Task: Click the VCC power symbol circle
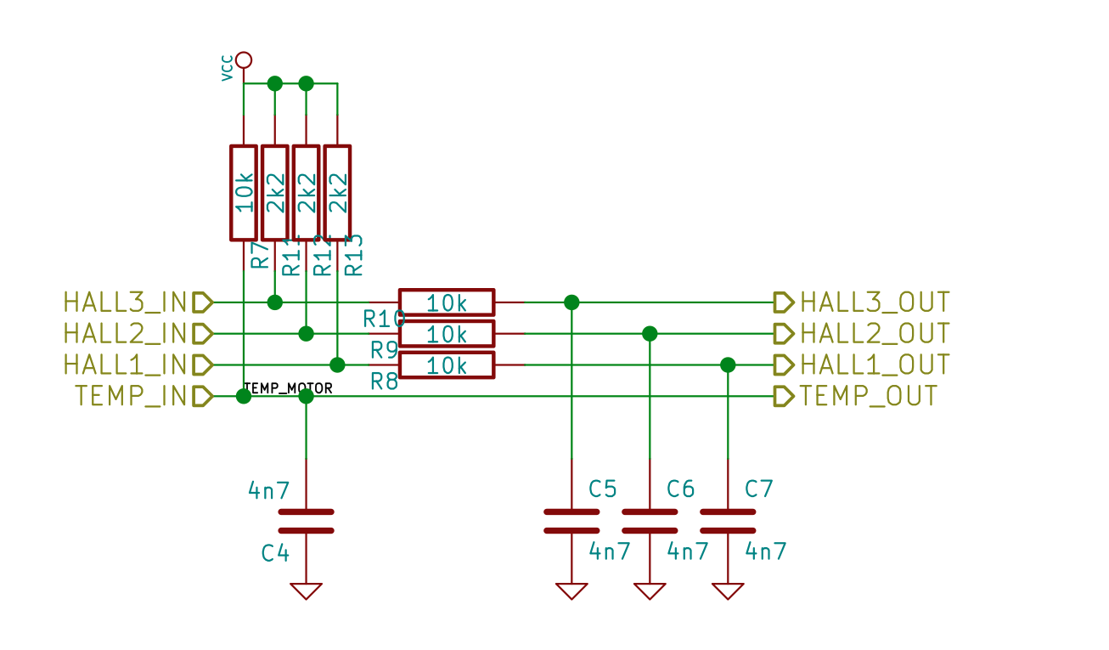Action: [x=244, y=59]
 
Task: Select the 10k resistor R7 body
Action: [x=244, y=192]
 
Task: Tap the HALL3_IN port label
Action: [x=125, y=302]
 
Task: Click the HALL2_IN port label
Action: [x=125, y=333]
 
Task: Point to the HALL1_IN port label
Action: [x=125, y=365]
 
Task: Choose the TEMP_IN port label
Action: [x=131, y=396]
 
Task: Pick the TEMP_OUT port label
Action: [x=869, y=396]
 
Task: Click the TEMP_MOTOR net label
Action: [x=288, y=388]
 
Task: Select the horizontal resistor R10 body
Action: [x=447, y=302]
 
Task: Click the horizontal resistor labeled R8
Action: [x=447, y=365]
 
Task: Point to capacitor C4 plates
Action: [x=307, y=521]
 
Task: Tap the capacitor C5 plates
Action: [x=571, y=521]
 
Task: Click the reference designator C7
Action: [x=758, y=489]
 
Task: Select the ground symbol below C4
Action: [x=307, y=591]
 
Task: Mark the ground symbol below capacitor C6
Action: [x=650, y=591]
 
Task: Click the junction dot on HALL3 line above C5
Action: [x=571, y=302]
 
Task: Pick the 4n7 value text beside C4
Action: [x=268, y=490]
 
